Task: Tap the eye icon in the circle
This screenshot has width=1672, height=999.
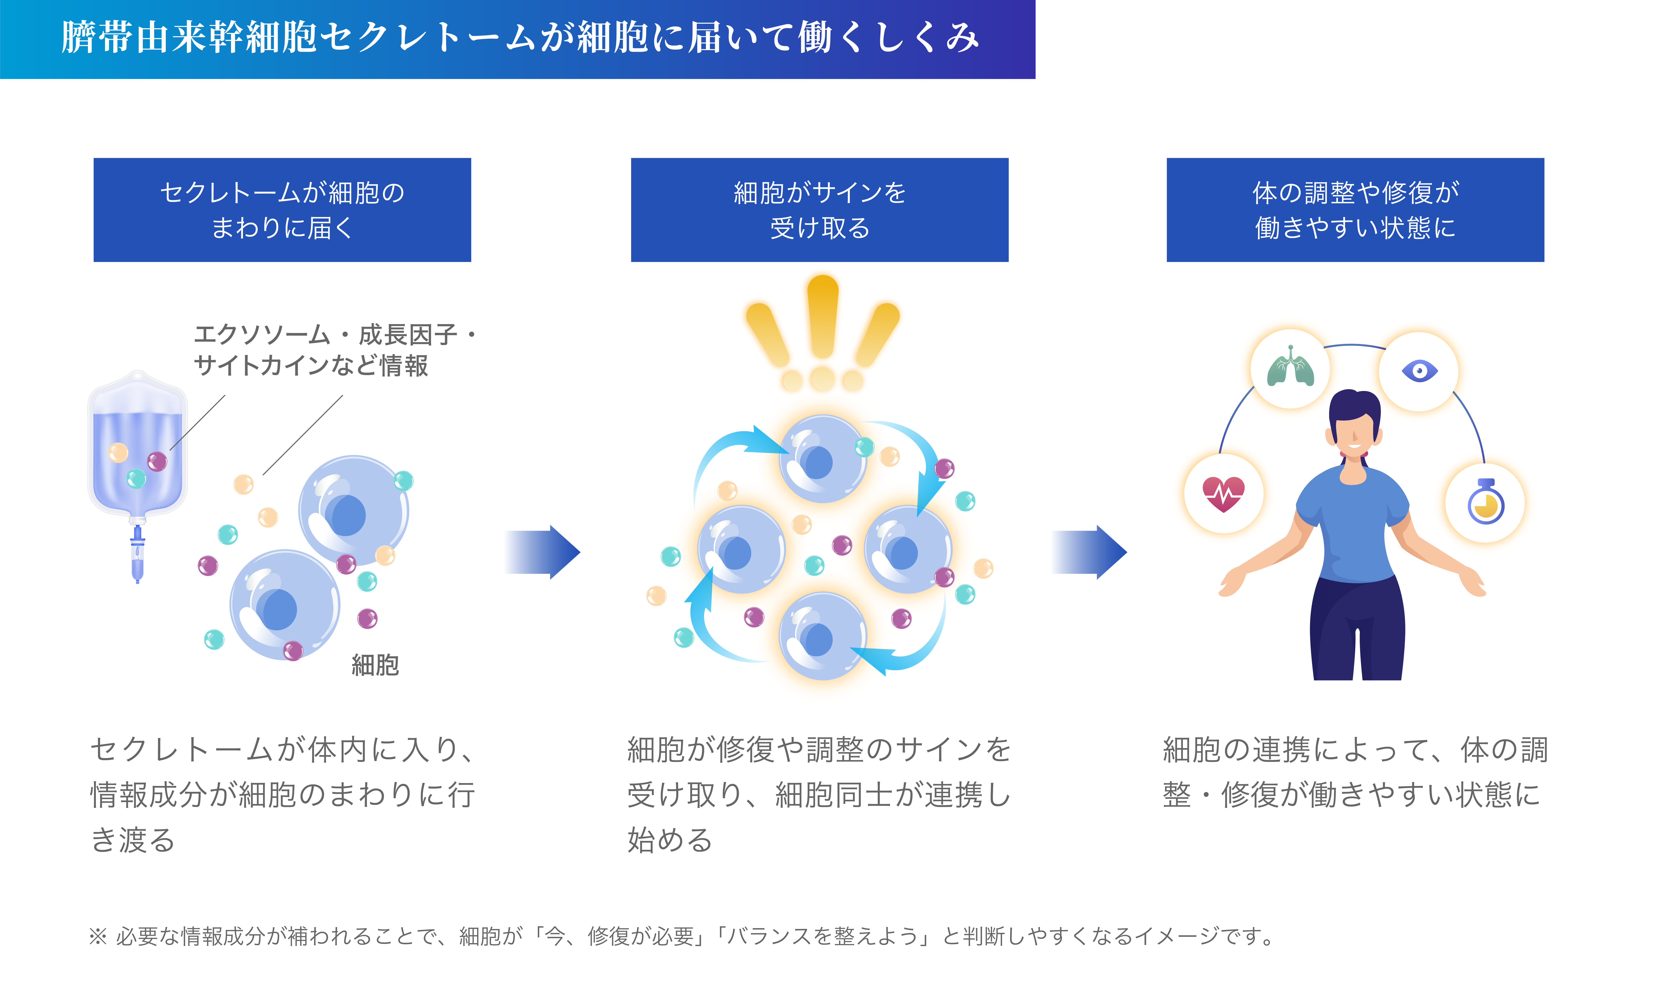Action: [x=1419, y=371]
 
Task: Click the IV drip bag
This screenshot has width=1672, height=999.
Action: [x=137, y=444]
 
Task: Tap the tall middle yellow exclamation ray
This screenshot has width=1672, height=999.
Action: [x=822, y=316]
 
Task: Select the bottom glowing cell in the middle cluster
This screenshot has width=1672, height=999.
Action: [x=822, y=636]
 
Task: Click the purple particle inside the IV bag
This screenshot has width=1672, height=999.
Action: [x=157, y=461]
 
